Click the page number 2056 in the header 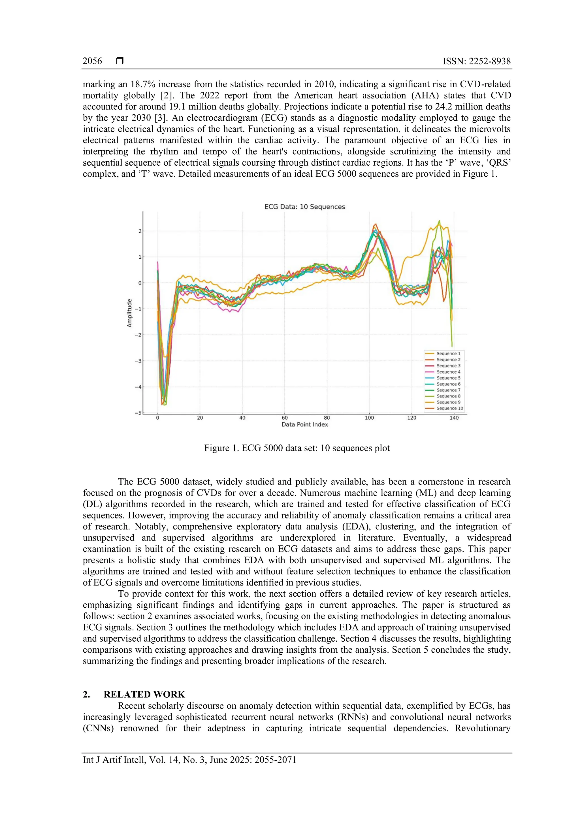coord(92,61)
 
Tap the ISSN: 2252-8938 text coord(477,61)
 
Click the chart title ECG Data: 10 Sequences coord(305,207)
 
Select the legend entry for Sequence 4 coord(448,372)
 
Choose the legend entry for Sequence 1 coord(448,354)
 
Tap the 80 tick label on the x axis coord(327,418)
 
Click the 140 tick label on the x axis coord(454,418)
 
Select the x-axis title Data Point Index coord(305,425)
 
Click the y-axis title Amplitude coord(130,313)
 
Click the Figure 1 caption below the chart coord(297,448)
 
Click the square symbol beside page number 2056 coord(120,61)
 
